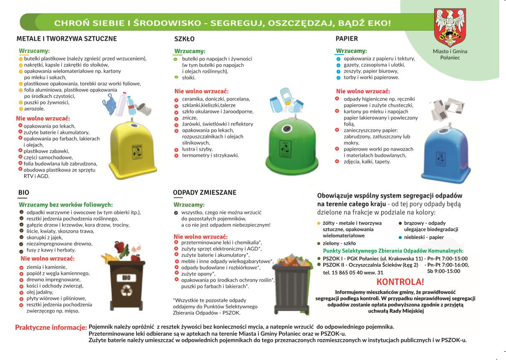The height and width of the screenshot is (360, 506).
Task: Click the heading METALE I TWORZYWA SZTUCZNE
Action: (67, 39)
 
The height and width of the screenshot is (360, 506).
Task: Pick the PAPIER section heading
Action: (347, 39)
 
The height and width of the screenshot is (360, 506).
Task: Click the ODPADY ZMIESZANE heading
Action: (205, 193)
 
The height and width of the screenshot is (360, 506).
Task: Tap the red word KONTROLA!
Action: (400, 282)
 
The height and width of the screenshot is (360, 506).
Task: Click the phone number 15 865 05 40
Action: (345, 273)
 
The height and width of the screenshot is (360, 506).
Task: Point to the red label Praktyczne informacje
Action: (51, 327)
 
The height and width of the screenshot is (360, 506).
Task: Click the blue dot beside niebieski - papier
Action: (400, 237)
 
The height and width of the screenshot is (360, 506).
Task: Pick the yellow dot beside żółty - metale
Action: (319, 224)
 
